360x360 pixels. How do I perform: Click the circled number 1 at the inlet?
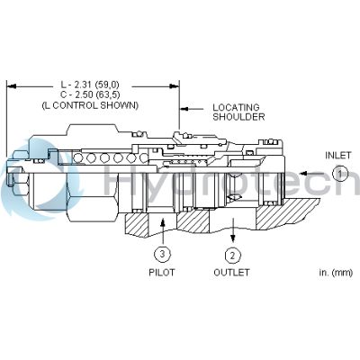(x=338, y=173)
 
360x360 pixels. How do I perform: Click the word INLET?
(x=338, y=155)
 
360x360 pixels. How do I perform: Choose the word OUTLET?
(x=231, y=272)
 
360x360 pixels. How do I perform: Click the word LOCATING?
(x=236, y=107)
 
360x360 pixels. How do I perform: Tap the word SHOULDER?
(x=238, y=117)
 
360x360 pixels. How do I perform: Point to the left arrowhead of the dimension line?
(x=10, y=86)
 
